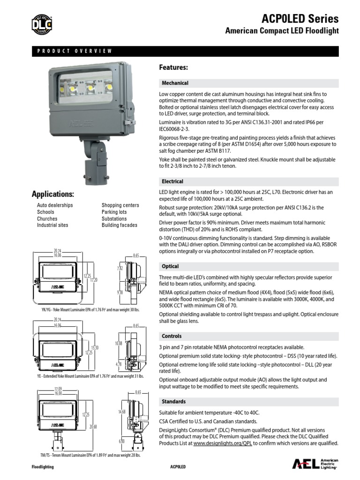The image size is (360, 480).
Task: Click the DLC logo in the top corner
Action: tap(42, 24)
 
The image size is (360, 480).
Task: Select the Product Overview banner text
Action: tap(75, 51)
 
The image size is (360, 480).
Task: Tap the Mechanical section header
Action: tap(175, 83)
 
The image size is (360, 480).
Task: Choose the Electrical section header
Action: tap(172, 181)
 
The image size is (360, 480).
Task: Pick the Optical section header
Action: tap(170, 266)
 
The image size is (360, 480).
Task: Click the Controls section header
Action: tap(172, 336)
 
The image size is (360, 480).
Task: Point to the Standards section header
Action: tap(173, 402)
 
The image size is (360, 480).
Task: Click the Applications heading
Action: tap(53, 194)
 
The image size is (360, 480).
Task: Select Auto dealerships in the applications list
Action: tap(55, 205)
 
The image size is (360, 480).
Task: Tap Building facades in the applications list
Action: tap(120, 225)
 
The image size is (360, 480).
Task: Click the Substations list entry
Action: tap(114, 218)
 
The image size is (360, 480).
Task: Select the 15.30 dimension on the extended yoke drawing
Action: tap(95, 347)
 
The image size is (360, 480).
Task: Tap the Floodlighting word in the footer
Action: tap(43, 467)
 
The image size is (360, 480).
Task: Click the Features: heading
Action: tap(173, 67)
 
